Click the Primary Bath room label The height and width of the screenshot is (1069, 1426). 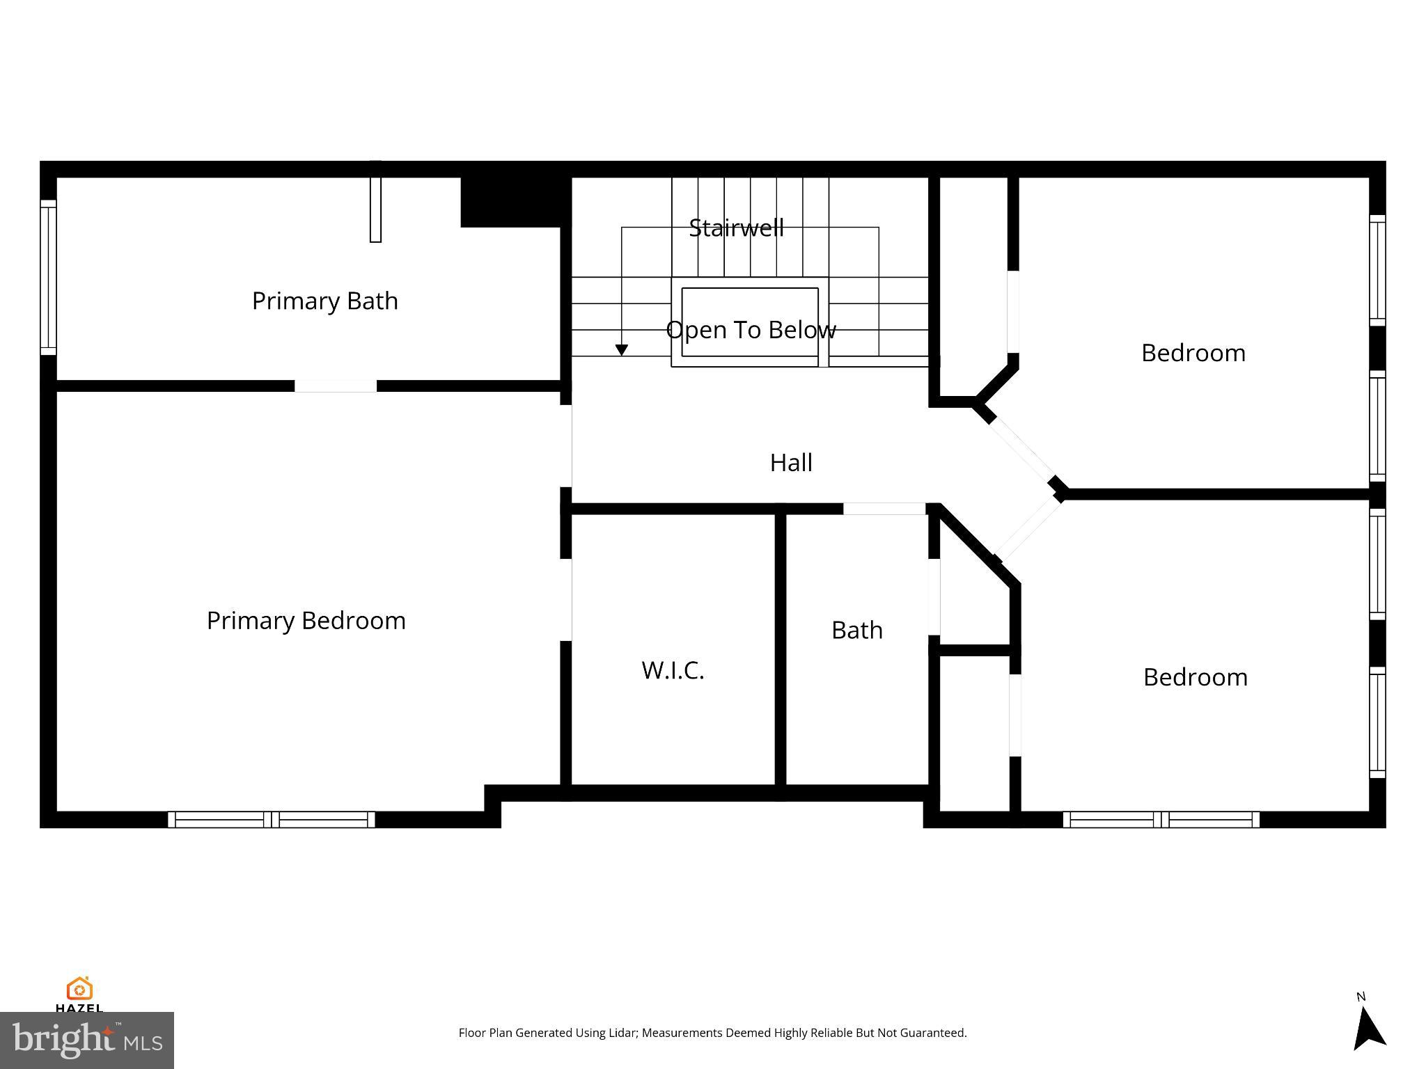point(324,301)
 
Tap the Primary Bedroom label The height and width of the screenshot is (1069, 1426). point(306,621)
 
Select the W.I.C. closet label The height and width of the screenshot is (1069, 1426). point(673,670)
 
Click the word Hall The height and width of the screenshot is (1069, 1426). point(791,463)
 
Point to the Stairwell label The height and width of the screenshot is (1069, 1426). point(736,228)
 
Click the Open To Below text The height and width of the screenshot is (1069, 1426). point(751,330)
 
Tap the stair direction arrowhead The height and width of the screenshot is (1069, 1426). point(622,350)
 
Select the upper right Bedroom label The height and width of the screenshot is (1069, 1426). point(1193,354)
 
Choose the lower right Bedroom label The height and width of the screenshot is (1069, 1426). point(1195,677)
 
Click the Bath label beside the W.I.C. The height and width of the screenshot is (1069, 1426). point(856,631)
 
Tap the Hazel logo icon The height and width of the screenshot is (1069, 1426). point(79,988)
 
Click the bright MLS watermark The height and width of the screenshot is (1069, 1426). point(86,1040)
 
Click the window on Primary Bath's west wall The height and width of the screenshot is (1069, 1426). point(48,277)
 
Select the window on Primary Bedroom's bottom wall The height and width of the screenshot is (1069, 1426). point(272,819)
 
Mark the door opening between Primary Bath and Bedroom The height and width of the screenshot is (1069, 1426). point(336,386)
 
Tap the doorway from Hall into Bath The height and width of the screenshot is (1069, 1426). point(884,509)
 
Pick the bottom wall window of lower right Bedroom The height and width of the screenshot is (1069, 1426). point(1161,819)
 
